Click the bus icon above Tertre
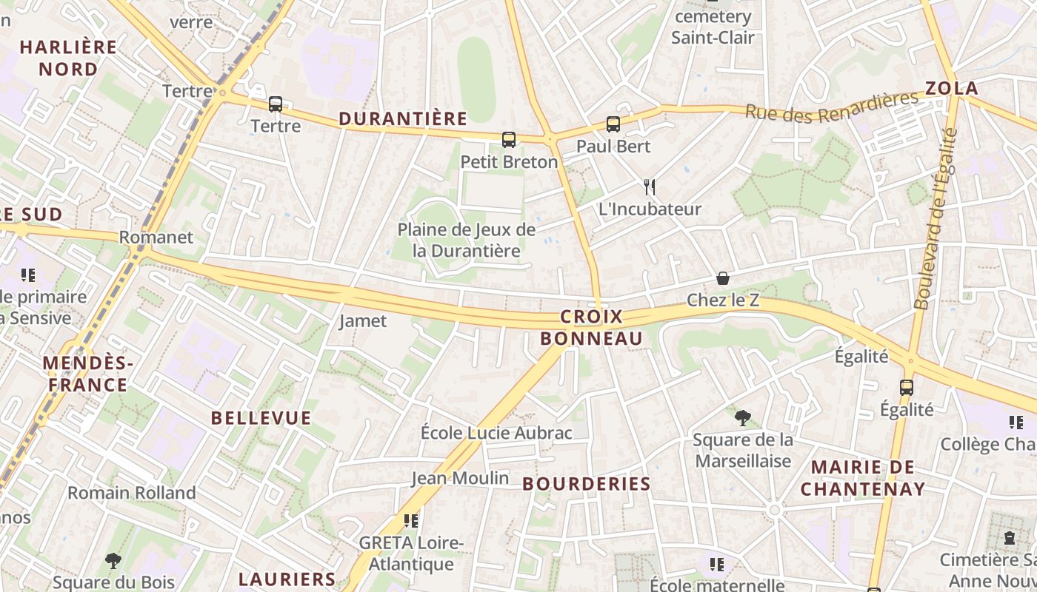(x=276, y=104)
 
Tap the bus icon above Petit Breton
(x=509, y=139)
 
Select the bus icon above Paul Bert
(x=613, y=124)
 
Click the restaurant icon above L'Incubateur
(x=650, y=186)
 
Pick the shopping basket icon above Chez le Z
(x=723, y=278)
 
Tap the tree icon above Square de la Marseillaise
(x=742, y=418)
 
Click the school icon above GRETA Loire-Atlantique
(x=411, y=521)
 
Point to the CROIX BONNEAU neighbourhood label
(x=591, y=328)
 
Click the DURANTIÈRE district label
(x=403, y=118)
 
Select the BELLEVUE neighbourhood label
(x=261, y=418)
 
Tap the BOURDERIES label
(x=587, y=484)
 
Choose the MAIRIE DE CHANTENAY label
(x=863, y=478)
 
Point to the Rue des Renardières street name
(x=831, y=107)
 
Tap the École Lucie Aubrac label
(x=496, y=433)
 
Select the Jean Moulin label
(x=461, y=478)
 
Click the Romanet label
(x=156, y=238)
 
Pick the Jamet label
(x=363, y=321)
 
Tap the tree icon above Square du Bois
(x=113, y=560)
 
